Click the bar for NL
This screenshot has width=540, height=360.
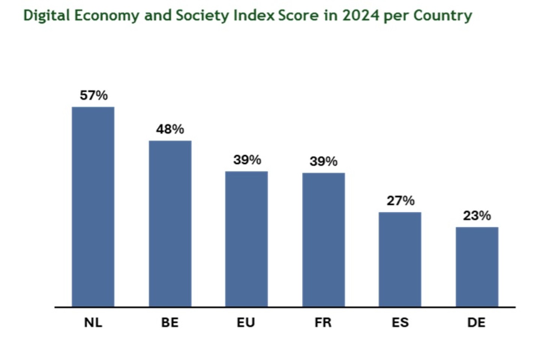pos(93,207)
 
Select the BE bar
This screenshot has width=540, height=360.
pos(170,223)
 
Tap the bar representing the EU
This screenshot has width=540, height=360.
pos(246,239)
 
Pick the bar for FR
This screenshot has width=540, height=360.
pos(323,240)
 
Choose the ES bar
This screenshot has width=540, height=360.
pos(400,259)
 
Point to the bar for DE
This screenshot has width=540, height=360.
pos(477,267)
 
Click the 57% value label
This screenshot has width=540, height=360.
pos(93,96)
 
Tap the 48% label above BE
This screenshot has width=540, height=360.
pos(170,129)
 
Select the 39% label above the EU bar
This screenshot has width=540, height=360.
pos(247,160)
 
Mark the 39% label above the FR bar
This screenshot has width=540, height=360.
pos(323,162)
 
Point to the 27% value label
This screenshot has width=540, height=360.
pos(400,201)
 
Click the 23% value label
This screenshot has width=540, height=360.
pos(477,216)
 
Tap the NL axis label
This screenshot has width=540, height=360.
pos(93,322)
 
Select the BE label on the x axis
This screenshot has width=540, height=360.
pos(170,322)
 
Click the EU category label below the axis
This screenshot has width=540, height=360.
pos(246,322)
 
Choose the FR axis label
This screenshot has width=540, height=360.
pos(323,322)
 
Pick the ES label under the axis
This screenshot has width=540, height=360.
pos(400,322)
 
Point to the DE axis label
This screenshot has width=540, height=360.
pos(476,322)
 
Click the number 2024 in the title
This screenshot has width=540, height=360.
pos(360,16)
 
